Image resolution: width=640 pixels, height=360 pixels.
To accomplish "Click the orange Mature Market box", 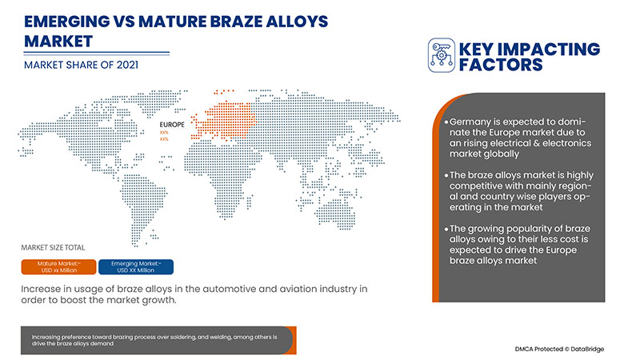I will tap(60, 266).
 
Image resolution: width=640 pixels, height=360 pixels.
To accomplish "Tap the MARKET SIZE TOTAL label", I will tap(53, 247).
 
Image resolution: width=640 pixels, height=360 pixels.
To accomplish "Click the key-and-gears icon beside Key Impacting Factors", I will tap(442, 54).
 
